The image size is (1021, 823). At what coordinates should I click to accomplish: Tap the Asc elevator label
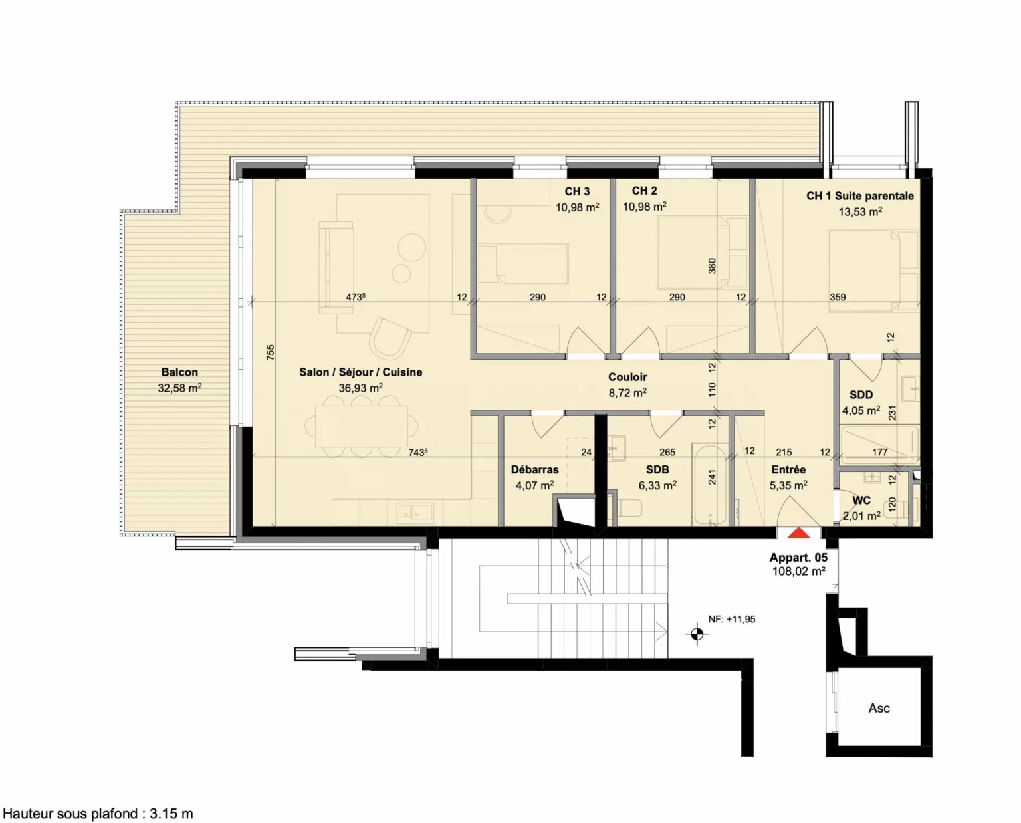(x=879, y=708)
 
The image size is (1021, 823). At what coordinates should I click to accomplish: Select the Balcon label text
(x=179, y=372)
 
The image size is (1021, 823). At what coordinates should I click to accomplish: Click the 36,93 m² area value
(x=360, y=388)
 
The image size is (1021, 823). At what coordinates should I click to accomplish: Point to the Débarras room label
(x=534, y=469)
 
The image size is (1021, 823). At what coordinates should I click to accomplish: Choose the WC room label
(x=861, y=501)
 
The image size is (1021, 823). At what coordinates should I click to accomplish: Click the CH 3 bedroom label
(x=577, y=191)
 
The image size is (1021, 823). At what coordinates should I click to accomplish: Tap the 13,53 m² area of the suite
(x=860, y=211)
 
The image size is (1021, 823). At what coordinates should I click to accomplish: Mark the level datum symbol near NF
(x=697, y=633)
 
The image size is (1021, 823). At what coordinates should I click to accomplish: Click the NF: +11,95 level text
(x=732, y=619)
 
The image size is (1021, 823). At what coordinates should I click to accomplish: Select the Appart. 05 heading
(x=798, y=558)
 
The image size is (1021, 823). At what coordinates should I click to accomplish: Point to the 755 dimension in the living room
(x=269, y=352)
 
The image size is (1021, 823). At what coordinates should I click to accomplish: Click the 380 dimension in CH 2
(x=712, y=266)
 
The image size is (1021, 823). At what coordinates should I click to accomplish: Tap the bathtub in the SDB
(x=710, y=485)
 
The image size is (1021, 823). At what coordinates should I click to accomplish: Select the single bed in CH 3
(x=523, y=265)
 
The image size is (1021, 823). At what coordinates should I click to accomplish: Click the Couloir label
(x=627, y=377)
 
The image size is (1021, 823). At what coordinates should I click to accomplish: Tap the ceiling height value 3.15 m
(x=171, y=814)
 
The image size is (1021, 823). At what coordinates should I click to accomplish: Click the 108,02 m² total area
(x=798, y=572)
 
